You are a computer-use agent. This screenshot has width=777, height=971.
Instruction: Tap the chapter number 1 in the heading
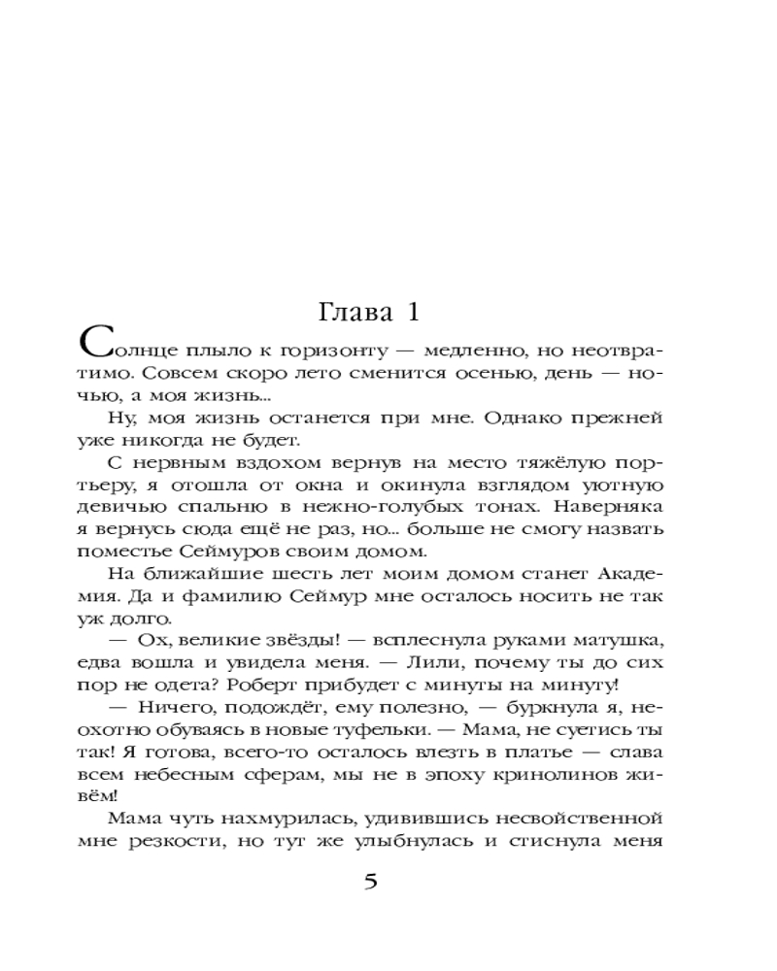pos(411,314)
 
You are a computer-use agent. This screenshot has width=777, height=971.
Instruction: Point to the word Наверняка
pos(603,507)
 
